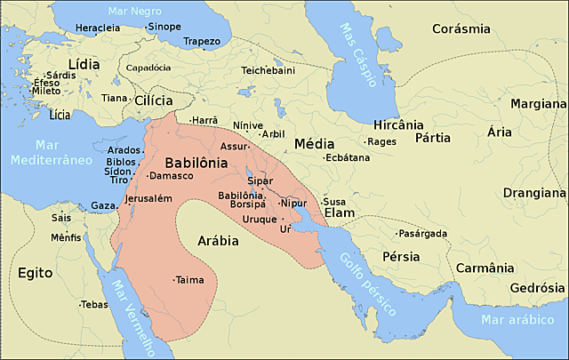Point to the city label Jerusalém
coord(148,198)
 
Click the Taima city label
coord(190,279)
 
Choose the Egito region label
coord(36,274)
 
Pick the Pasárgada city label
coord(422,233)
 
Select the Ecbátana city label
coord(347,157)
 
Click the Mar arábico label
coord(515,320)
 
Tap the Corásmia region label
coord(461,28)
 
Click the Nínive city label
coord(248,125)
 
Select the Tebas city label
coord(93,304)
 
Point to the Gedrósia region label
coord(538,288)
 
